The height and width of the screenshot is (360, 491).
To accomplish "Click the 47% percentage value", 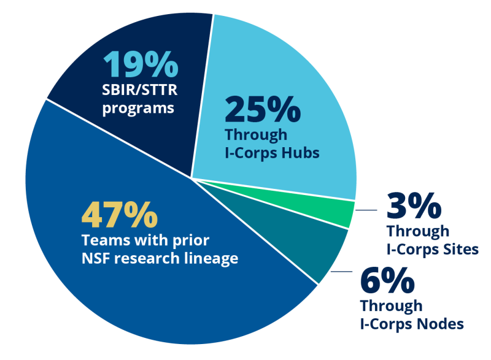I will click(x=120, y=215).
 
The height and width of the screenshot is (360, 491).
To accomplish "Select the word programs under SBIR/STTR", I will click(x=139, y=109).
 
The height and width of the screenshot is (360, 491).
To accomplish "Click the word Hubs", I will click(x=300, y=152).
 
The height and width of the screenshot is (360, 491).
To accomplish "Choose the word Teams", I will click(x=101, y=240).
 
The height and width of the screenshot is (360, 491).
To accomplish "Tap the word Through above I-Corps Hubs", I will click(x=256, y=134).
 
